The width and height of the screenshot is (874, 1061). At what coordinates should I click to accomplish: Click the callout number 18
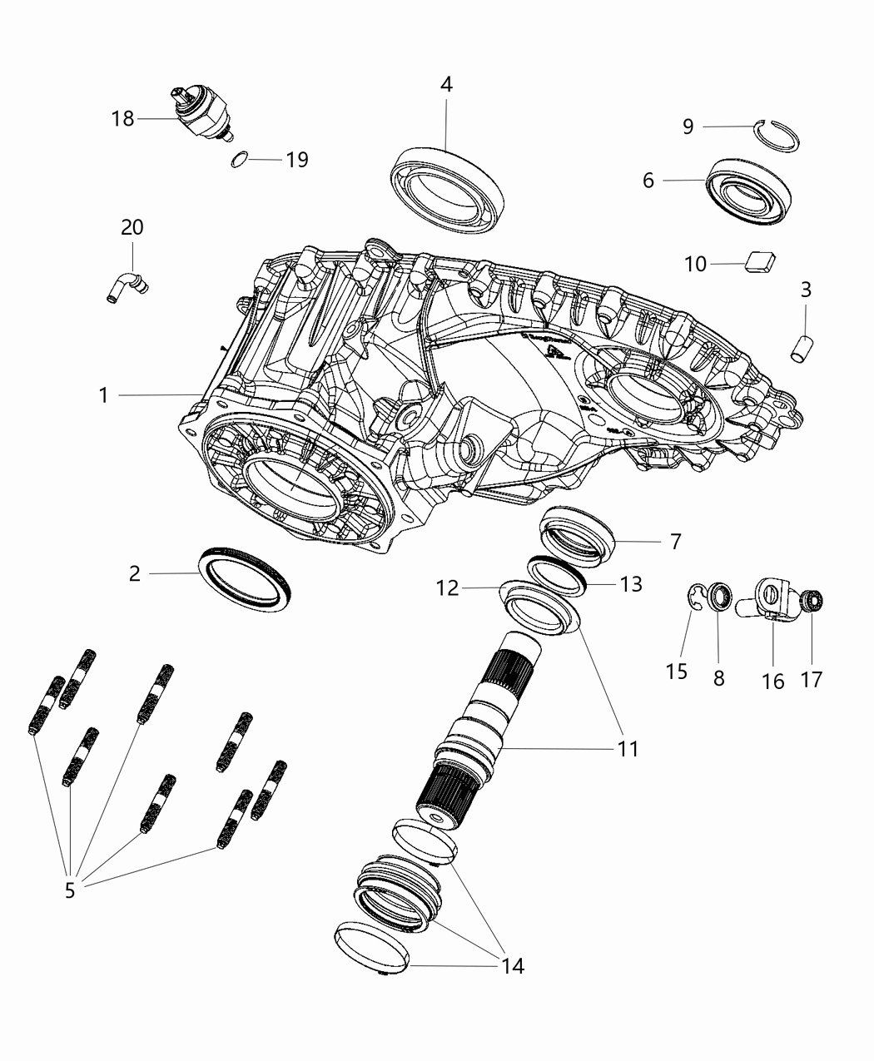[x=122, y=119]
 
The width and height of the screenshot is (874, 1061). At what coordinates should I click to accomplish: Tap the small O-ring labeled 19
[x=239, y=159]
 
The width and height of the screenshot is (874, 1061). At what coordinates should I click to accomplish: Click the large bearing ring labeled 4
[x=448, y=188]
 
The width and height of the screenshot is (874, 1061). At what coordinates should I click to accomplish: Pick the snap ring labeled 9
[x=777, y=135]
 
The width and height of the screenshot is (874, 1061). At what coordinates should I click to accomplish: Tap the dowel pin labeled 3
[x=801, y=347]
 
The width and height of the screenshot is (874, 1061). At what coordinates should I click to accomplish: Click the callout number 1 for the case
[x=103, y=395]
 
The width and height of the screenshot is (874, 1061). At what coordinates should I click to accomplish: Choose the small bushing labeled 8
[x=719, y=597]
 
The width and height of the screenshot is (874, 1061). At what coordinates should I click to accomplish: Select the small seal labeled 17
[x=812, y=599]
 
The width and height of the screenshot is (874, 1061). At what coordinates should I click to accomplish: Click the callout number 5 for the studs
[x=70, y=890]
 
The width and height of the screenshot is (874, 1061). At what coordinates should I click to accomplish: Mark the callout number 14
[x=513, y=965]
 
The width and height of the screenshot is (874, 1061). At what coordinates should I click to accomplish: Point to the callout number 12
[x=447, y=588]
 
